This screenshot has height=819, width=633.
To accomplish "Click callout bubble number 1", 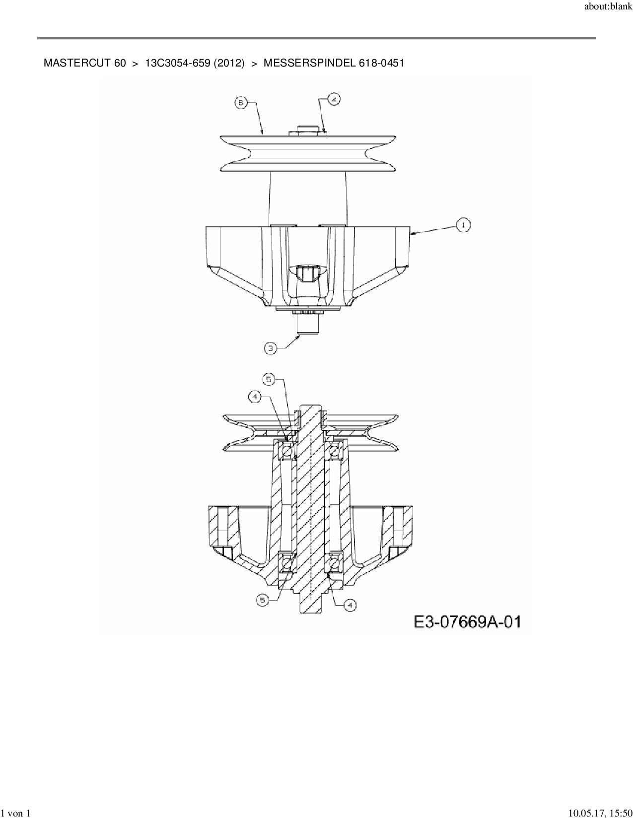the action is (x=463, y=225).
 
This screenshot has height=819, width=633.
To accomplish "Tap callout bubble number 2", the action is (x=334, y=99).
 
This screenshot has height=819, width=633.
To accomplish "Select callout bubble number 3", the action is (x=270, y=348).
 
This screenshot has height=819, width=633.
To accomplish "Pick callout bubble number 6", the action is (x=241, y=103).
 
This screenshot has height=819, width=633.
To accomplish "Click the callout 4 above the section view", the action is (x=255, y=397).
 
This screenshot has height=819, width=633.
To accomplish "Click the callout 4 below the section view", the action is (x=350, y=605).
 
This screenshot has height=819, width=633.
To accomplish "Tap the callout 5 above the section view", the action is (x=269, y=379).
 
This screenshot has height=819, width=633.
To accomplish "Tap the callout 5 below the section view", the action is (x=263, y=600).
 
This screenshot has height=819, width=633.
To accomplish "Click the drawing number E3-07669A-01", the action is (x=468, y=621).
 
